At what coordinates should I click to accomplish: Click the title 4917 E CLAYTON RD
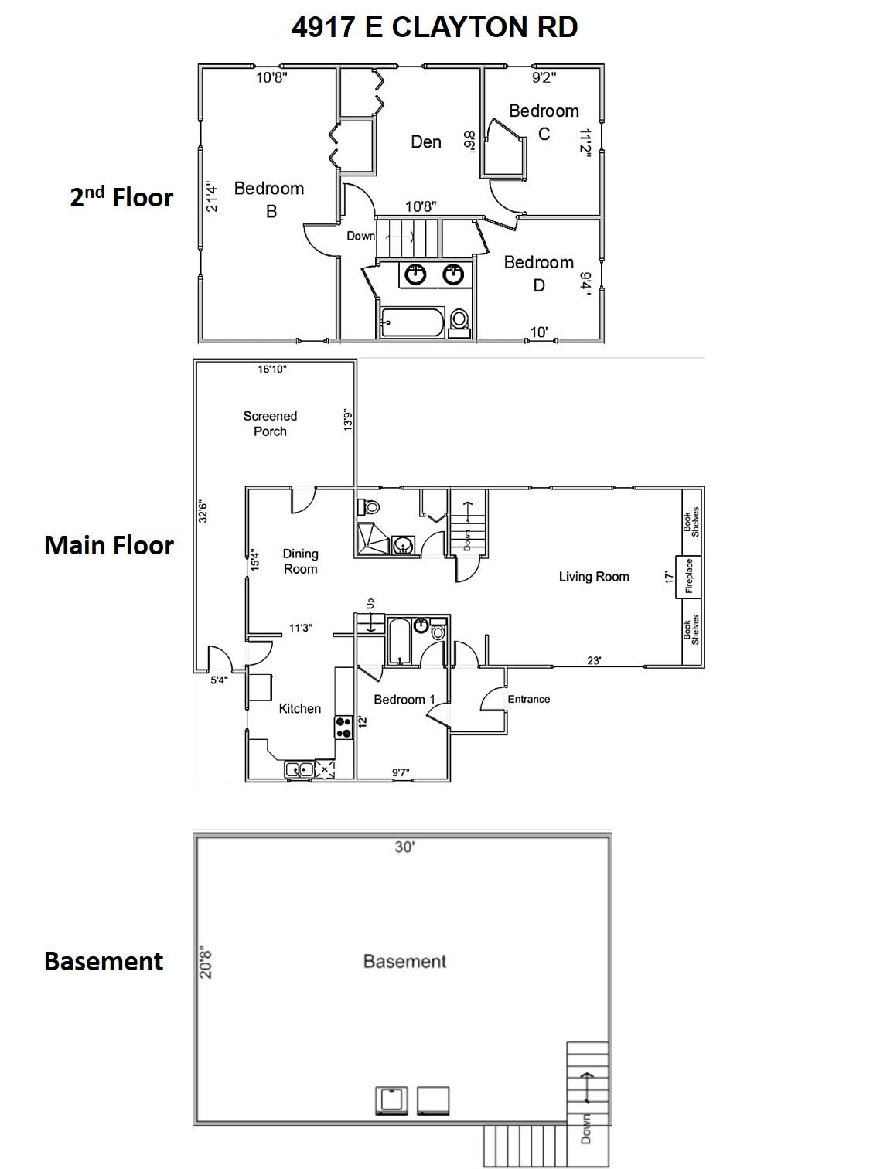click(x=434, y=27)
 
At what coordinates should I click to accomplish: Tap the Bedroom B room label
click(x=269, y=199)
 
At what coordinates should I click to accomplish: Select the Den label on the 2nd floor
click(x=426, y=142)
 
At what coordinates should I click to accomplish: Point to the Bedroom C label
click(x=544, y=122)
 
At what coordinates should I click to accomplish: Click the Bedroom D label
click(x=538, y=274)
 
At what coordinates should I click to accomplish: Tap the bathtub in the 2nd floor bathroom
click(x=411, y=322)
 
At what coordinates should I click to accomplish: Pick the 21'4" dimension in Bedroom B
click(x=213, y=197)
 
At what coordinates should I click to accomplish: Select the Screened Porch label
click(x=270, y=424)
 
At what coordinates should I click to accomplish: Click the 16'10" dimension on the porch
click(x=272, y=370)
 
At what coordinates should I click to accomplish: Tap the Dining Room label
click(x=300, y=561)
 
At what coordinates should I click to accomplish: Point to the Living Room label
click(x=594, y=577)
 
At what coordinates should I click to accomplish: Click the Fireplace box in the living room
click(x=688, y=577)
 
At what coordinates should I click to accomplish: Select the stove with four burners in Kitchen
click(x=343, y=728)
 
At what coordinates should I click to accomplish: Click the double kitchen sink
click(x=299, y=769)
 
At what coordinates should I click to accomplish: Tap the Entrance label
click(x=529, y=700)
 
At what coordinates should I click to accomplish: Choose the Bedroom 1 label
click(x=404, y=700)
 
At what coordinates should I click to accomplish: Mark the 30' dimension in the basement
click(x=404, y=847)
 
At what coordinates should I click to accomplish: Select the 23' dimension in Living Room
click(x=594, y=661)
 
